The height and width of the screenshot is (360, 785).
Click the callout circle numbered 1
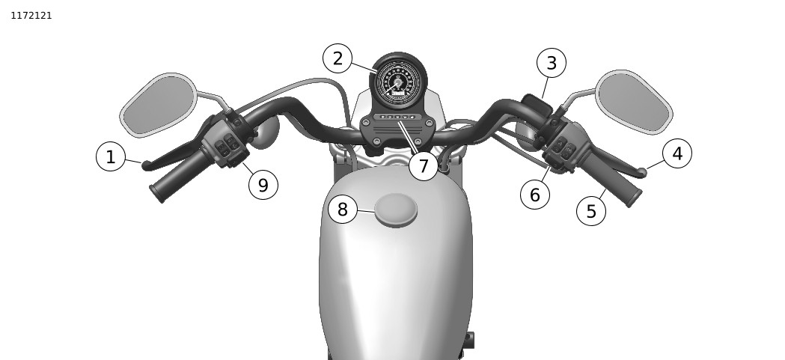pos(111,156)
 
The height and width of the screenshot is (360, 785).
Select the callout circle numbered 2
pos(337,58)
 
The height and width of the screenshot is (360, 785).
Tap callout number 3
pos(552,63)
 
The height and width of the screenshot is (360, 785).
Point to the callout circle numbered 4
pos(676,153)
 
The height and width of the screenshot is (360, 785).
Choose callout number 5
pos(591,211)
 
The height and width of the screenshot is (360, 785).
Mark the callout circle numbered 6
pos(534,195)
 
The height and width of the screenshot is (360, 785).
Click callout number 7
pos(424,165)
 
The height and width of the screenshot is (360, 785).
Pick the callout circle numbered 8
pos(343,210)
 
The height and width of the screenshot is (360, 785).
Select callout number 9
pos(263,185)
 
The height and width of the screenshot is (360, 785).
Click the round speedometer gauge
pos(399,82)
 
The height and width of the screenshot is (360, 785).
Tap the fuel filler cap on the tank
pos(396,210)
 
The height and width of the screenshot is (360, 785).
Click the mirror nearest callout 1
pos(159,105)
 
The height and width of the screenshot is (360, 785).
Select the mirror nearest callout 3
pos(634,102)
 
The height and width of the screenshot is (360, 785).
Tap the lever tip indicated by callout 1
pos(147,165)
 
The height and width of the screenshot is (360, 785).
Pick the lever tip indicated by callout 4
pos(641,173)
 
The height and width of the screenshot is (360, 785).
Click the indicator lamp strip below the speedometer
pos(397,117)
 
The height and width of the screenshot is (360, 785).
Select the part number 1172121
pos(31,16)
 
